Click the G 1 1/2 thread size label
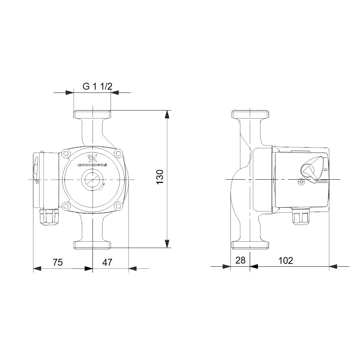point(98,86)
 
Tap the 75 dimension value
point(58,262)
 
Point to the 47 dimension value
point(107,262)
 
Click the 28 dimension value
point(240,260)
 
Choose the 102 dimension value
point(286,260)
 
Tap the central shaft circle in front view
point(93,179)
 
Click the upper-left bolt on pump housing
point(66,154)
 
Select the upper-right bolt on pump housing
point(118,154)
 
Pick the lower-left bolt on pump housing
point(66,206)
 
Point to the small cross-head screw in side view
point(301,183)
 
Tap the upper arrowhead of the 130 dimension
point(167,114)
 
